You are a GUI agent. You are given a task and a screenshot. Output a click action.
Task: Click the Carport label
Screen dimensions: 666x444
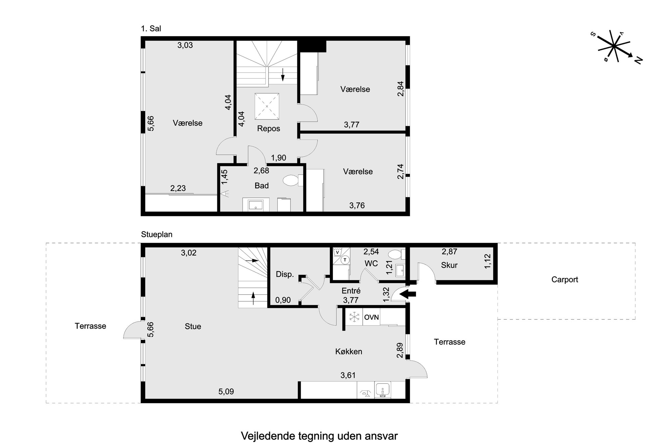click(x=565, y=280)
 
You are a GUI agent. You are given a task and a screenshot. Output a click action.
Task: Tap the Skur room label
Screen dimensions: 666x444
click(x=449, y=265)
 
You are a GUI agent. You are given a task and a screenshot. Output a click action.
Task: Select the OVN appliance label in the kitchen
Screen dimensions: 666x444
click(x=371, y=317)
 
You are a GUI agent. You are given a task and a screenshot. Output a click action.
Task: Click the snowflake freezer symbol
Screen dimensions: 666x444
click(x=354, y=317)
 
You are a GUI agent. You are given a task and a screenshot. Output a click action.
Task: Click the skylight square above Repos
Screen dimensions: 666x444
click(x=267, y=106)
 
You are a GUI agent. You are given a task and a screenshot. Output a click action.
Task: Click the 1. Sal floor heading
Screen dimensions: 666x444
click(x=151, y=29)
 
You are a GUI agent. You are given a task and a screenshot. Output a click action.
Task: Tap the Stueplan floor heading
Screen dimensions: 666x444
click(x=157, y=235)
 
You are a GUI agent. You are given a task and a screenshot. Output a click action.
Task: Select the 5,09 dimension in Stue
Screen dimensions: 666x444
click(x=226, y=391)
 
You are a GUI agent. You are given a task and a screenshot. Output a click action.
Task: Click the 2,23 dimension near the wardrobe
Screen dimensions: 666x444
click(x=178, y=188)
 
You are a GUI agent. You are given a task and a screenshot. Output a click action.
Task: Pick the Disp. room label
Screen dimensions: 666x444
click(x=285, y=274)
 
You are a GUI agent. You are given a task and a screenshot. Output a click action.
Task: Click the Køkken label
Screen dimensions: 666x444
click(x=349, y=351)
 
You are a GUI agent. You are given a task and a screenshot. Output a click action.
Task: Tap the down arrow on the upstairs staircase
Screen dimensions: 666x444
click(x=283, y=75)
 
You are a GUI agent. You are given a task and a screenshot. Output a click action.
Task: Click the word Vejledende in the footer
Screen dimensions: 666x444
click(x=268, y=436)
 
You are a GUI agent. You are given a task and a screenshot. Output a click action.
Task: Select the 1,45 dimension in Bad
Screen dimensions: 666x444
click(x=225, y=177)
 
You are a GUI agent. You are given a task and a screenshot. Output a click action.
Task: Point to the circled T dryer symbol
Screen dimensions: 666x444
click(x=345, y=260)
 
